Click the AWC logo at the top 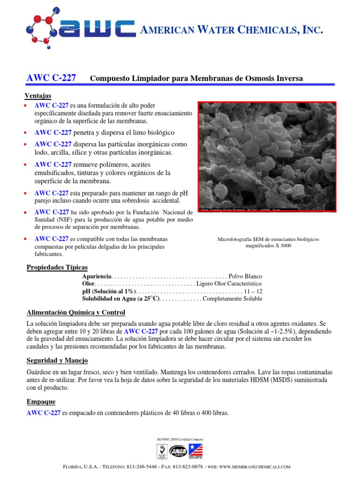(80, 29)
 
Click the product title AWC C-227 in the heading (50, 78)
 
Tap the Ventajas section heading (37, 96)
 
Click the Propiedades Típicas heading (57, 267)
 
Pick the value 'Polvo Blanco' (246, 277)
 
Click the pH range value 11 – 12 (253, 292)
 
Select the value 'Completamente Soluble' (232, 299)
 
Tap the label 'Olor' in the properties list (89, 284)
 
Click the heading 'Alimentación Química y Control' (75, 313)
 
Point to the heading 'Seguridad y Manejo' (57, 360)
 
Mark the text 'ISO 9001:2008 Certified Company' (180, 439)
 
